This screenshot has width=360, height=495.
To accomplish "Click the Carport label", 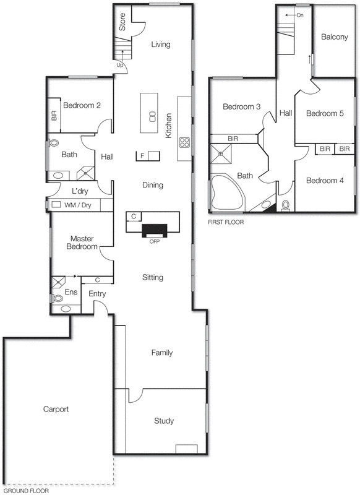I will pyautogui.click(x=56, y=410).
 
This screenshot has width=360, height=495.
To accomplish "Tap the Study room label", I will pyautogui.click(x=164, y=421).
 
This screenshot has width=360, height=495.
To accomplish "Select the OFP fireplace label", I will pyautogui.click(x=155, y=241).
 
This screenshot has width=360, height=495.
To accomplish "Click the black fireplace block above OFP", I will pyautogui.click(x=155, y=230).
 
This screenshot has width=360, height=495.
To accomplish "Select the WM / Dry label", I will pyautogui.click(x=78, y=204).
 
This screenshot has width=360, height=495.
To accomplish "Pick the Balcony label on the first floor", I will pyautogui.click(x=335, y=37).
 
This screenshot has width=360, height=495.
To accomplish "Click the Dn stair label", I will pyautogui.click(x=300, y=14).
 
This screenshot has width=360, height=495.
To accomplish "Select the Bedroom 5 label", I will pyautogui.click(x=324, y=113).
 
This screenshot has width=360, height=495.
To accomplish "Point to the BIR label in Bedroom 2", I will pyautogui.click(x=54, y=116).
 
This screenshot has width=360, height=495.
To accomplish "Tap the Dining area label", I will pyautogui.click(x=153, y=185).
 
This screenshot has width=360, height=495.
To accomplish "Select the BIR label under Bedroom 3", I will pyautogui.click(x=234, y=139).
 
